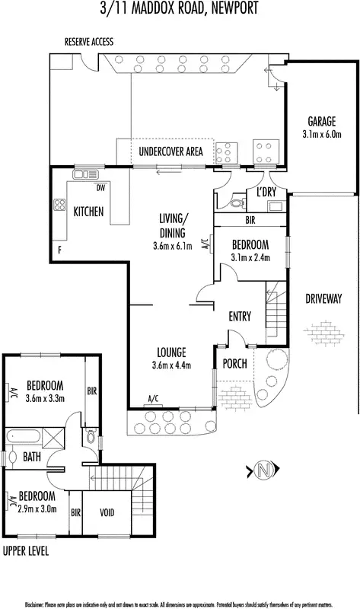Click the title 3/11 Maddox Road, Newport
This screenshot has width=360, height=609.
180,9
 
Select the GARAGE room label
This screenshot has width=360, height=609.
322,122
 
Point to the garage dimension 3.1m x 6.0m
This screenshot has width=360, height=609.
322,135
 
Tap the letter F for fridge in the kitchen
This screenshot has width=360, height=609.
58,250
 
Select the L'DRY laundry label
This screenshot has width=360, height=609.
266,191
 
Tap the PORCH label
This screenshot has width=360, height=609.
234,364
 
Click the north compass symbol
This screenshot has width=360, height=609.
264,470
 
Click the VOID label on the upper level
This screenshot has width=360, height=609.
107,513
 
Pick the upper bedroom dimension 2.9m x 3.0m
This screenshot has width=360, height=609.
37,509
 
